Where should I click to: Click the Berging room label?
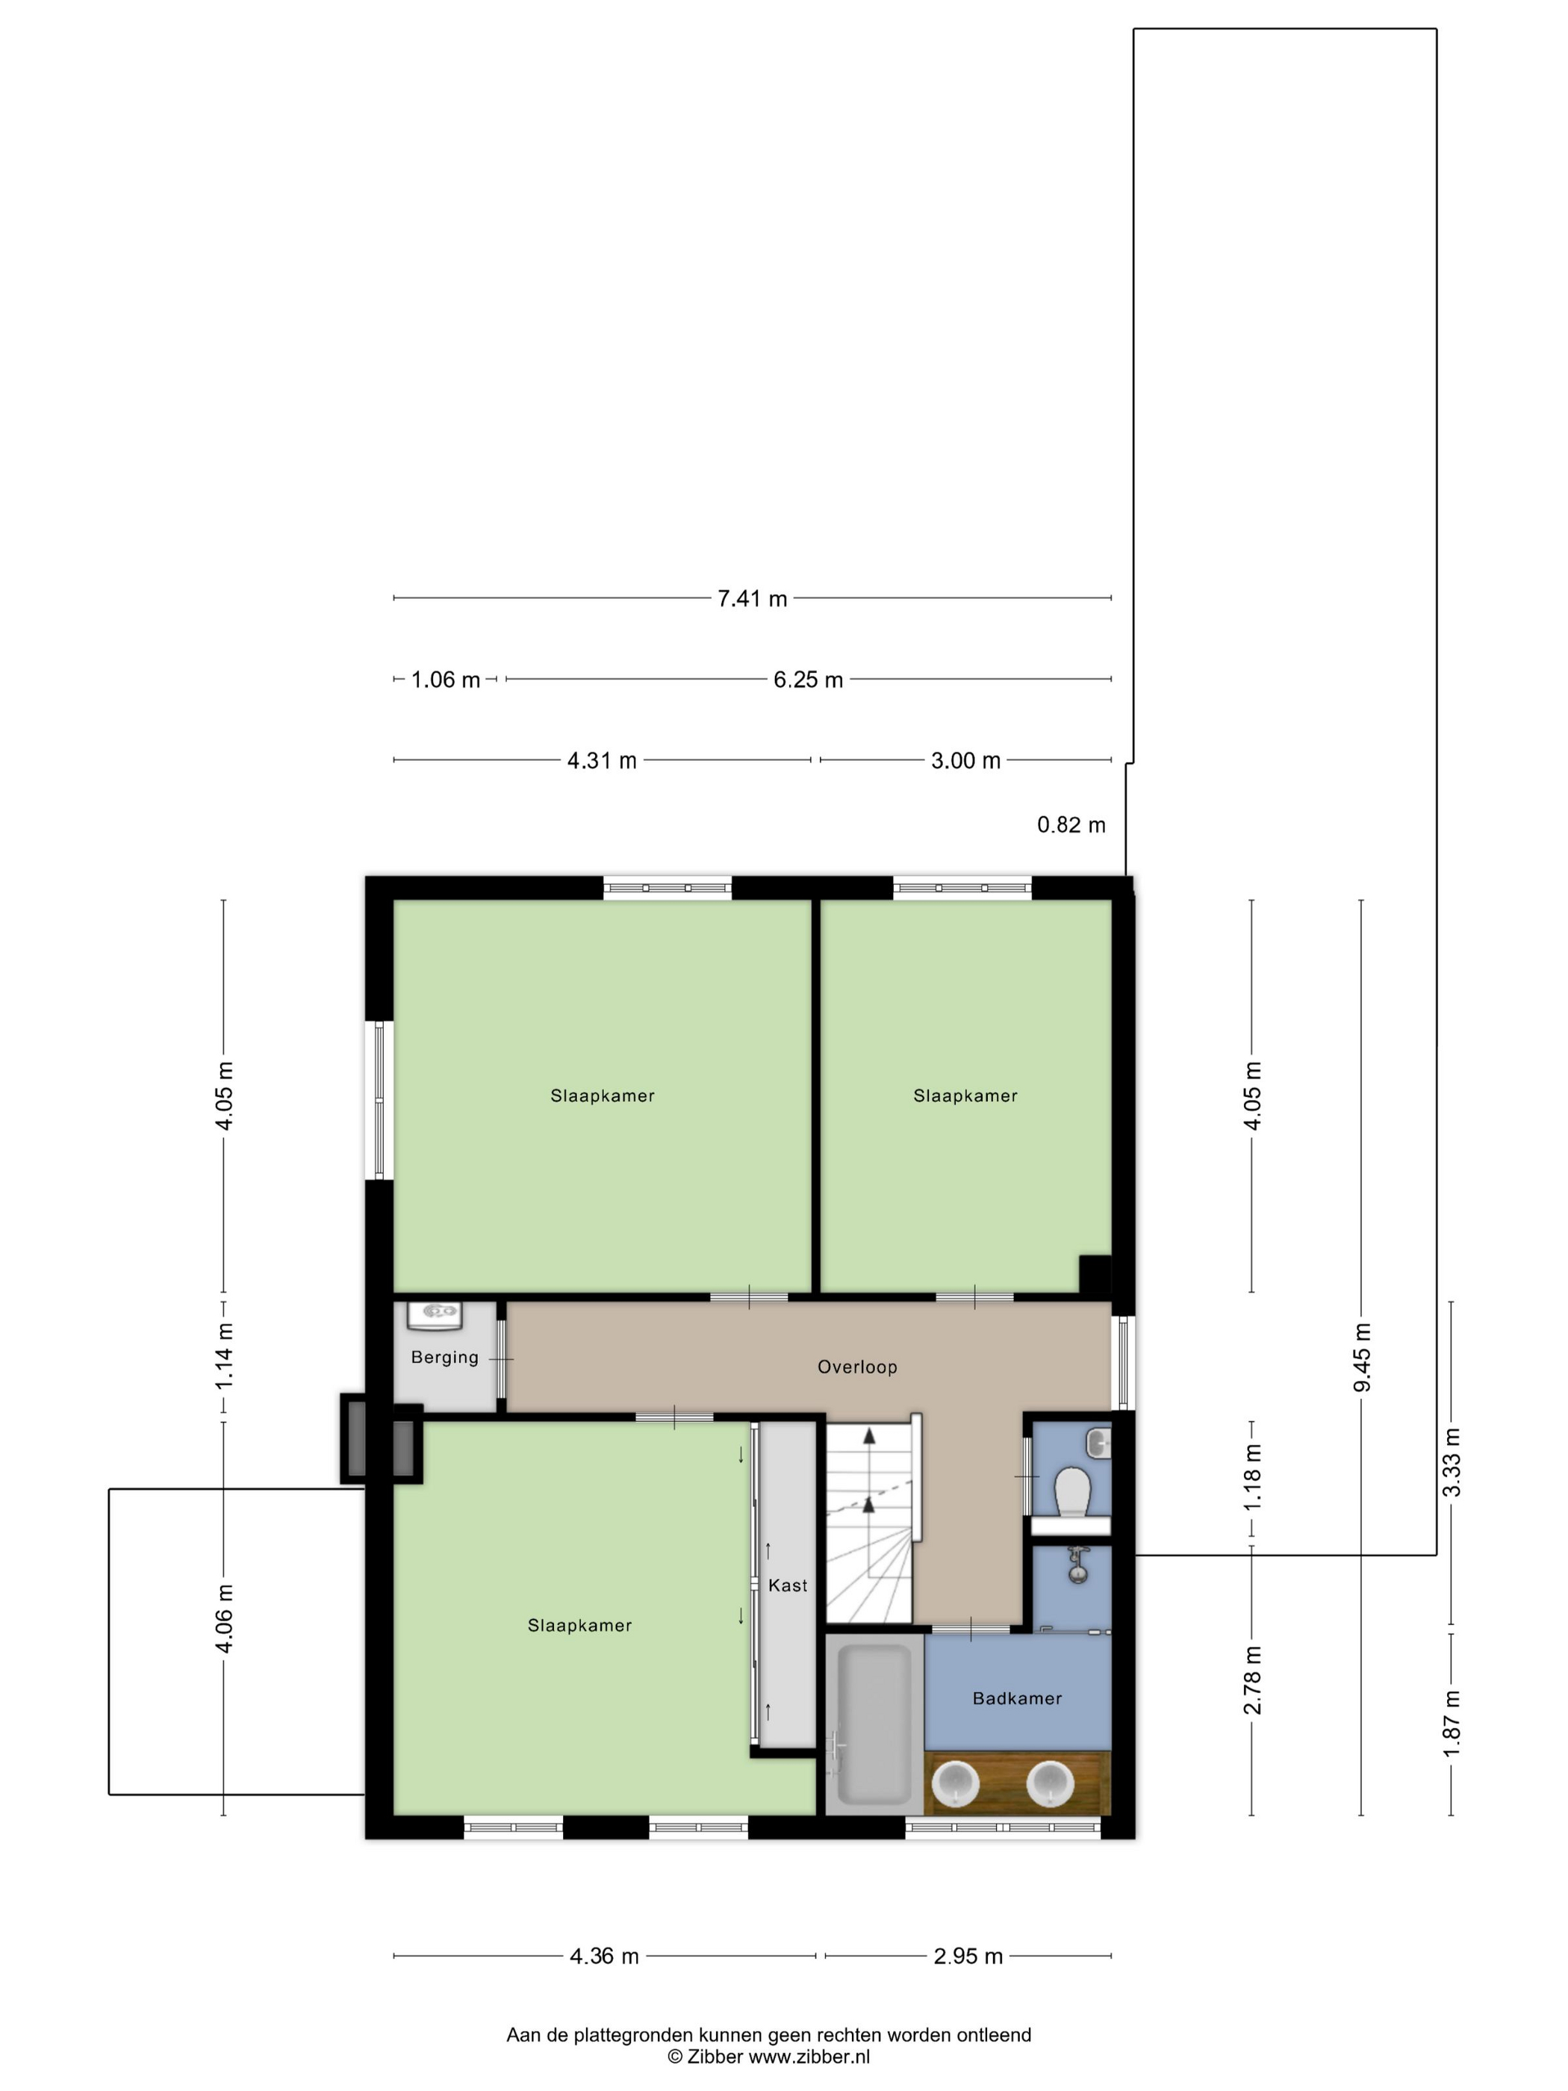[x=444, y=1358]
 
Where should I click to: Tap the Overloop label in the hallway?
[x=857, y=1367]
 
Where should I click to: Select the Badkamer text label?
[x=1017, y=1699]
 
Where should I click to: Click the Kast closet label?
[x=787, y=1585]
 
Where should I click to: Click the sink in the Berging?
[x=435, y=1315]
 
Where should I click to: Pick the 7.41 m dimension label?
[x=753, y=598]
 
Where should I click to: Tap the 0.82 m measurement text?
[x=1071, y=824]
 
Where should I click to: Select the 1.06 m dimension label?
[x=445, y=680]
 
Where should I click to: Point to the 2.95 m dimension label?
[x=968, y=1956]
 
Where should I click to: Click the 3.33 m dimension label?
[x=1452, y=1462]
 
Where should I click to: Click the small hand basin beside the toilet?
[x=1098, y=1443]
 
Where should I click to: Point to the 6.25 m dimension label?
[x=808, y=680]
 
